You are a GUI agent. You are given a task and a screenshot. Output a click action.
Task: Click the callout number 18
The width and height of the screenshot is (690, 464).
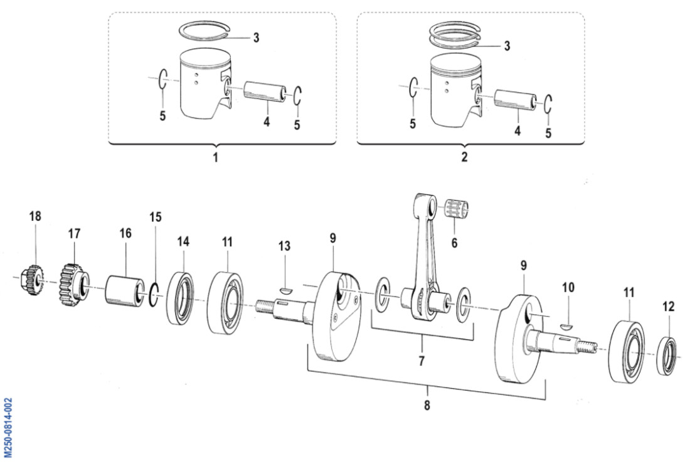click(35, 216)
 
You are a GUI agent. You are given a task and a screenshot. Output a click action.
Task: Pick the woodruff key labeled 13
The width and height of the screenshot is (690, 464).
click(285, 290)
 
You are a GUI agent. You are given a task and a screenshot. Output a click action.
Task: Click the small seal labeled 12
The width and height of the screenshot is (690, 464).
click(667, 357)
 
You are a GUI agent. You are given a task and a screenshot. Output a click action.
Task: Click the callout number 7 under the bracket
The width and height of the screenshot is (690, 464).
click(422, 361)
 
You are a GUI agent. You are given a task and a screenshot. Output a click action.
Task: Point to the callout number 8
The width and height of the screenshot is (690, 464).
click(427, 405)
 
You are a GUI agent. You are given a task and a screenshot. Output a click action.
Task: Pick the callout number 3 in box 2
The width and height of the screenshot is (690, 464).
click(507, 46)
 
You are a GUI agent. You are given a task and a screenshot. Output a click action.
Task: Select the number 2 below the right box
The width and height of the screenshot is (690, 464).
click(464, 158)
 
